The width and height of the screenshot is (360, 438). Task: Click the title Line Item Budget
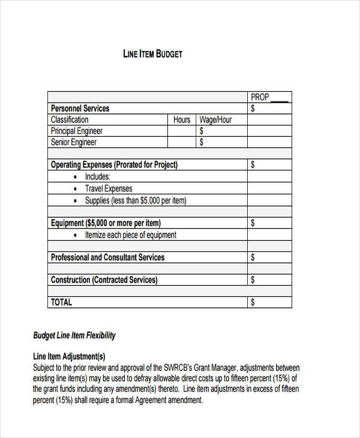click(152, 54)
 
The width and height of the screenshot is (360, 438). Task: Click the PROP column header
click(260, 97)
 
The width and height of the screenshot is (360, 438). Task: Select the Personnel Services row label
click(80, 109)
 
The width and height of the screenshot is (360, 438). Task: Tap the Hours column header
click(182, 120)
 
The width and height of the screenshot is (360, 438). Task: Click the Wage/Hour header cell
click(215, 120)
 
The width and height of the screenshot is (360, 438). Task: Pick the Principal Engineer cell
click(77, 131)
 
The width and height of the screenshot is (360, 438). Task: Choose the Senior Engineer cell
click(73, 142)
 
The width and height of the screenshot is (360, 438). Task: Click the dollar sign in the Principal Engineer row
click(202, 131)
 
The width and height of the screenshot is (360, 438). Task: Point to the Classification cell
click(70, 120)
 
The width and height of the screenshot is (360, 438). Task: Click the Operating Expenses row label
click(114, 164)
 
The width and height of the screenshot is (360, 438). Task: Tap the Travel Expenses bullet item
click(109, 188)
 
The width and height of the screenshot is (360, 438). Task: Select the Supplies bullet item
click(136, 200)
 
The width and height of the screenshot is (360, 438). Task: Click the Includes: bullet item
click(98, 176)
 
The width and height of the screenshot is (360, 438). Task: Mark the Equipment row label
click(106, 223)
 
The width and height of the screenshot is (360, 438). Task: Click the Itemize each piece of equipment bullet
click(131, 235)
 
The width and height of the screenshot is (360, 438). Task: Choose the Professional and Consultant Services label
click(107, 257)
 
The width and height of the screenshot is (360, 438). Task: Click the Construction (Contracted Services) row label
click(104, 280)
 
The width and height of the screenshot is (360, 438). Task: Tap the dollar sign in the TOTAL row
click(253, 302)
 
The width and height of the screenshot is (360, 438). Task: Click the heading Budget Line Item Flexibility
click(74, 335)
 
